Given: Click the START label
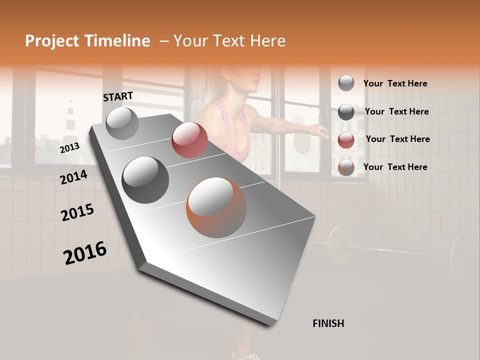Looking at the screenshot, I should point(118,96).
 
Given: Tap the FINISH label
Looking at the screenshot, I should point(328,323).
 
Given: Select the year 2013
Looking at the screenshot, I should point(69,148).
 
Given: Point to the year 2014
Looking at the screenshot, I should point(73,177).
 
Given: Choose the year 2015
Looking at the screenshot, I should point(77,212).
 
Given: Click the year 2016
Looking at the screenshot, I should point(85,252).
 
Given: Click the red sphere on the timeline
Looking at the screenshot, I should point(189,140).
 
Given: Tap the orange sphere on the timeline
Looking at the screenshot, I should point(216,207).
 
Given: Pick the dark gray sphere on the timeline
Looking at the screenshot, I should point(145,180).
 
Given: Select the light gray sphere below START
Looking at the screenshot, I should point(122,123).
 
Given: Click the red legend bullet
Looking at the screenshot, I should point(346,140).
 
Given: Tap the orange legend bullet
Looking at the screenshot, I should point(346,168).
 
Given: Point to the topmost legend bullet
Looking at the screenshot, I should point(346,83).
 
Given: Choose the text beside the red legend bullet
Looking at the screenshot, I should point(397,139).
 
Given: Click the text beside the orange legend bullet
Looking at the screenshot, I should point(395,167).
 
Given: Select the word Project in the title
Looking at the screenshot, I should point(51,41).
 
